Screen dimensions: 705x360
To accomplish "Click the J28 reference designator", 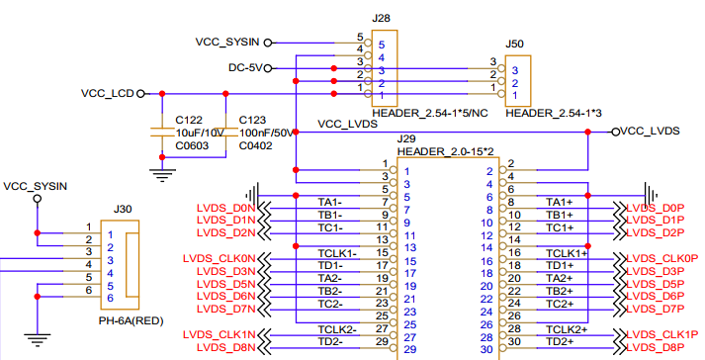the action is click(x=381, y=19).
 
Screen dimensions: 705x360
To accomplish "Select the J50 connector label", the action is click(x=514, y=45).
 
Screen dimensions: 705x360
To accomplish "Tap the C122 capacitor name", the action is click(x=189, y=120).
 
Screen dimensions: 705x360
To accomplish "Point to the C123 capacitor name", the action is click(x=252, y=120).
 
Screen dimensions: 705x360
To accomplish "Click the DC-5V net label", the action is click(x=245, y=68).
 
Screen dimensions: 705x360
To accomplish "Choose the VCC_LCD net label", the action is click(x=108, y=94).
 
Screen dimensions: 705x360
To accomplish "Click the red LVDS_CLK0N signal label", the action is click(x=219, y=259).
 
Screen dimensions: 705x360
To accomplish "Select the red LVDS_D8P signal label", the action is click(x=656, y=347).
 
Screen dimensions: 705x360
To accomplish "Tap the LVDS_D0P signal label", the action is click(x=656, y=208).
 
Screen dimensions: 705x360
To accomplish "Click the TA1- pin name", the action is click(x=330, y=203).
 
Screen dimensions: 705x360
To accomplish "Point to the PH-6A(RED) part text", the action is click(x=131, y=321).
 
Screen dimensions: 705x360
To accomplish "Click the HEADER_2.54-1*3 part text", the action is click(x=554, y=114).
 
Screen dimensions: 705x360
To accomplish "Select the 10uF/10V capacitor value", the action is click(x=200, y=133).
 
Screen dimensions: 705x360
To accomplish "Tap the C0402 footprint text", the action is click(x=255, y=145).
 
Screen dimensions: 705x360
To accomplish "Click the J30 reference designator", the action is click(x=123, y=210).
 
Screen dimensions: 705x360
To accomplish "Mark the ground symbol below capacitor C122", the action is click(x=162, y=175).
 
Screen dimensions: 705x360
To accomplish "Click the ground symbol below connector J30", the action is click(x=38, y=340).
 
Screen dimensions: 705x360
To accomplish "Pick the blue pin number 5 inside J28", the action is click(x=382, y=45).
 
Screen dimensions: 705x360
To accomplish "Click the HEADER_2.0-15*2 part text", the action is click(x=446, y=152).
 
